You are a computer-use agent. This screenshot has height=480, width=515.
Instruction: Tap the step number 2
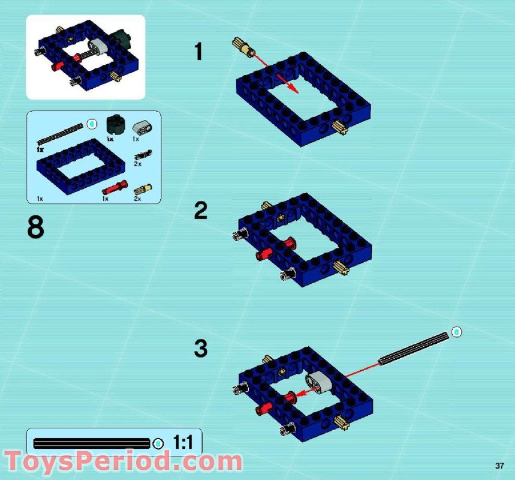(x=200, y=211)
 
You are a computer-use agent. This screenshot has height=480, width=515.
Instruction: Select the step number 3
(x=200, y=349)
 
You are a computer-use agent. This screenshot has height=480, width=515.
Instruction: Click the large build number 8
(x=35, y=228)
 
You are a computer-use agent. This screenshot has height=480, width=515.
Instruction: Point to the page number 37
(x=499, y=466)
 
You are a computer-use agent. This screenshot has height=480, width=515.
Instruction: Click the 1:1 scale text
(x=183, y=443)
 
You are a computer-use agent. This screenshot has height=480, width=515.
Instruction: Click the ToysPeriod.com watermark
(x=123, y=462)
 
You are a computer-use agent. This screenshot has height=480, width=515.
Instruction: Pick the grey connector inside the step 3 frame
(x=317, y=381)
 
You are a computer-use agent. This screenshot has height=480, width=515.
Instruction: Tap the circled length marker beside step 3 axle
(x=456, y=331)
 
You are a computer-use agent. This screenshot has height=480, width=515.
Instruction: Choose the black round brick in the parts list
(x=113, y=125)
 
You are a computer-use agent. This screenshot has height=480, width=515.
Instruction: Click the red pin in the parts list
(x=115, y=187)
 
